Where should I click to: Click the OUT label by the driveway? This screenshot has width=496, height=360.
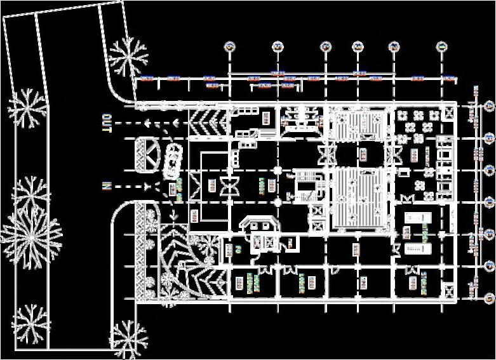pos(107,123)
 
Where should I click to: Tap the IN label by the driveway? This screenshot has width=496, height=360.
pos(107,186)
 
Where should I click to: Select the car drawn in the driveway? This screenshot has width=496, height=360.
pos(171,161)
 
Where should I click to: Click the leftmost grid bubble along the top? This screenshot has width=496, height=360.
pos(229,46)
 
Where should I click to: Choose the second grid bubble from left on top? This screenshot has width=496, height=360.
pos(278,46)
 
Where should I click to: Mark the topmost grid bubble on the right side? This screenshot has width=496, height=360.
pos(489,105)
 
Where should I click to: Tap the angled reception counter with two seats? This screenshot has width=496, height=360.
pos(260,224)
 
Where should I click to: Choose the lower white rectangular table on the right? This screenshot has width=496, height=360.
pos(418,246)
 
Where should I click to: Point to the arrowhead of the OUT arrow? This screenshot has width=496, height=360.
pos(145,123)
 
